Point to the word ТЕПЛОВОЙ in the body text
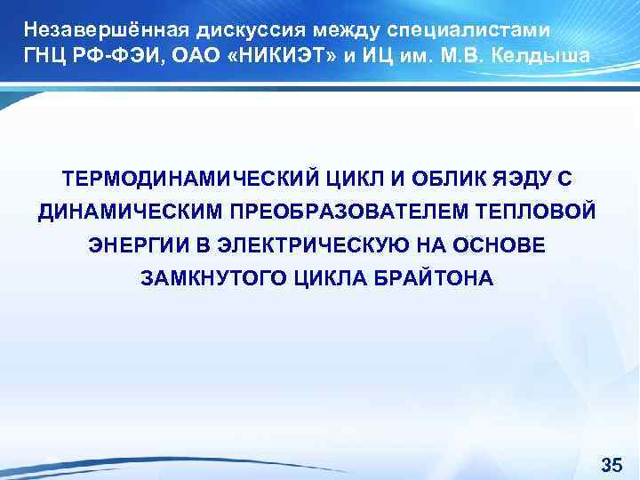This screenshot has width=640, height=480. [x=541, y=212]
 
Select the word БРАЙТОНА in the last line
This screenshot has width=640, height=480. [x=433, y=279]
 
